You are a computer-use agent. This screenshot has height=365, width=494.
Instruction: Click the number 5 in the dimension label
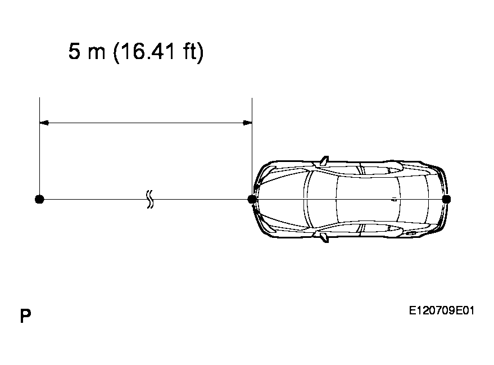(74, 51)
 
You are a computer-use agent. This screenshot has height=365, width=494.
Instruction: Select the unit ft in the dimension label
(189, 51)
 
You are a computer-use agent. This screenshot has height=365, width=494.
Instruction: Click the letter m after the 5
(97, 53)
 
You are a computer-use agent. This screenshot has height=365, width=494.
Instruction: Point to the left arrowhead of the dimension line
(44, 123)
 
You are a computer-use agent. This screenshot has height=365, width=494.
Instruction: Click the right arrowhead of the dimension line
(247, 123)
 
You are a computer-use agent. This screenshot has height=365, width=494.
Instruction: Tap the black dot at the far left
(39, 199)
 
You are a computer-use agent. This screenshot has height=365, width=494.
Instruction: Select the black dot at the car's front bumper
(252, 199)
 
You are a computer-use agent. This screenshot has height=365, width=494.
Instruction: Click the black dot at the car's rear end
(446, 199)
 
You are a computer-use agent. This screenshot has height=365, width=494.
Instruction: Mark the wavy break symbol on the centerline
(150, 199)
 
